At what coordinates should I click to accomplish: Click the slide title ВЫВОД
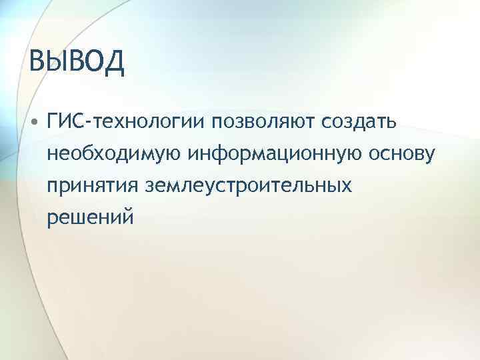point(77,63)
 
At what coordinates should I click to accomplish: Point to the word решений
point(90,217)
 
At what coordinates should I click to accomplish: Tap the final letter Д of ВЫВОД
point(113,63)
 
